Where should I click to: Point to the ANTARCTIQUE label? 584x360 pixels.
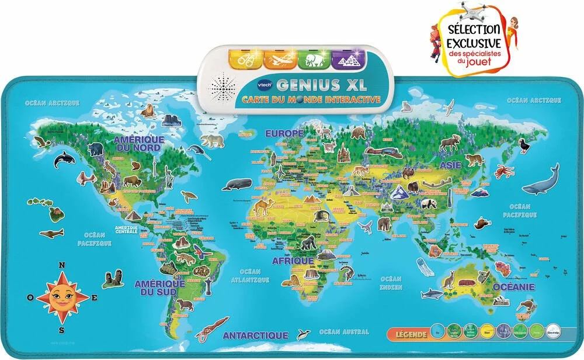(x=255, y=335)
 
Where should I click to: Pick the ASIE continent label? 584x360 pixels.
(x=450, y=165)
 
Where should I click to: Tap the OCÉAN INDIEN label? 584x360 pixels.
(x=391, y=283)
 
